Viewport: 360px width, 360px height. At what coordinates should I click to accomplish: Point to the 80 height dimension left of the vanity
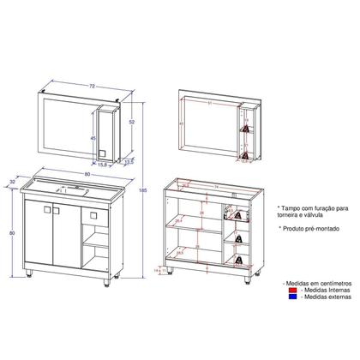point(12,232)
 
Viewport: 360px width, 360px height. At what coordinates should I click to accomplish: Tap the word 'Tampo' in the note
point(290,207)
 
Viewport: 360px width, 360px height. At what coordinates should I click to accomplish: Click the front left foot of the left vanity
point(31,276)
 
